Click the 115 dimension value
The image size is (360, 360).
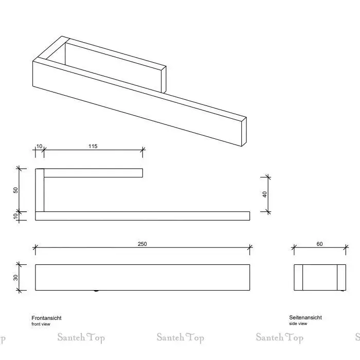coord(93,146)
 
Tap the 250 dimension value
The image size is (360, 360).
coord(142,244)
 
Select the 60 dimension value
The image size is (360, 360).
coord(319,244)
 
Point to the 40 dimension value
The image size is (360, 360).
coord(265,194)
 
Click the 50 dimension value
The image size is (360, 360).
coord(15,190)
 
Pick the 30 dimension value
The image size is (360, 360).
coord(15,278)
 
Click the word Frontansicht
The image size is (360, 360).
coord(46,318)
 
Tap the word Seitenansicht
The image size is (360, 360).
coord(305,317)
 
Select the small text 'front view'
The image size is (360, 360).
coord(41,324)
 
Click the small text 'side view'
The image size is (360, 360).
coord(298,323)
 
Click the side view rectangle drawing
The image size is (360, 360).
coord(320,277)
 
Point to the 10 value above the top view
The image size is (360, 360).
coord(39,146)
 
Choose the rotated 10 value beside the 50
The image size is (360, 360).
coord(15,216)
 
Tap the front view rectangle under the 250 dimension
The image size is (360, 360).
coord(142,277)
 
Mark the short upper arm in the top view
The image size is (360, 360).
coord(93,173)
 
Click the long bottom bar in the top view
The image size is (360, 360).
coord(142,216)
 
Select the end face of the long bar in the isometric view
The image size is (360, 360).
coord(244,132)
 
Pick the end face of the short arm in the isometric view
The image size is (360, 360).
coord(164,80)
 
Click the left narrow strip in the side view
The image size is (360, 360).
coord(298,277)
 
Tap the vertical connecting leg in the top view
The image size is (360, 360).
coord(40,190)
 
